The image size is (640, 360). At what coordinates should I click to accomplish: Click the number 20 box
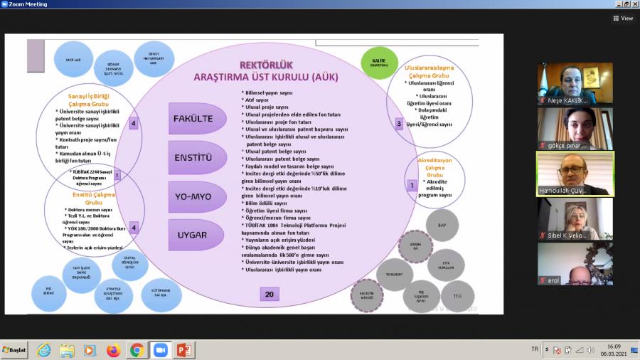point(269,295)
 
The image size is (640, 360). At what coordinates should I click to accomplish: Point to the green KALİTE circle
point(379,63)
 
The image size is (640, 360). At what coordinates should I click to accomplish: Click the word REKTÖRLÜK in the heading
point(267,65)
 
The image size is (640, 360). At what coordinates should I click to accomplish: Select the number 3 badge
point(399,123)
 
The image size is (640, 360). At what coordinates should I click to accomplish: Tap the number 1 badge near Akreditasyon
point(411,185)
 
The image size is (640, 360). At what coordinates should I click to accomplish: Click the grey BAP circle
point(442,226)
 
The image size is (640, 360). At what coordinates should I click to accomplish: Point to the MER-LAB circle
point(73,60)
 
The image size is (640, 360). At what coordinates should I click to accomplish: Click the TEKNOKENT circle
point(395,275)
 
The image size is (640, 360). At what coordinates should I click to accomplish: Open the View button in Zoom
point(622,18)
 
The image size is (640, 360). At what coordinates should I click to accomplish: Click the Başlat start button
point(15,350)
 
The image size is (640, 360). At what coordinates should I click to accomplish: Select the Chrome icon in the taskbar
point(137,350)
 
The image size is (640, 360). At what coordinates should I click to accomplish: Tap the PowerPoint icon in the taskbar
point(183,350)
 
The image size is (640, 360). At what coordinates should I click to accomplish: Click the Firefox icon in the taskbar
point(113,350)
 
